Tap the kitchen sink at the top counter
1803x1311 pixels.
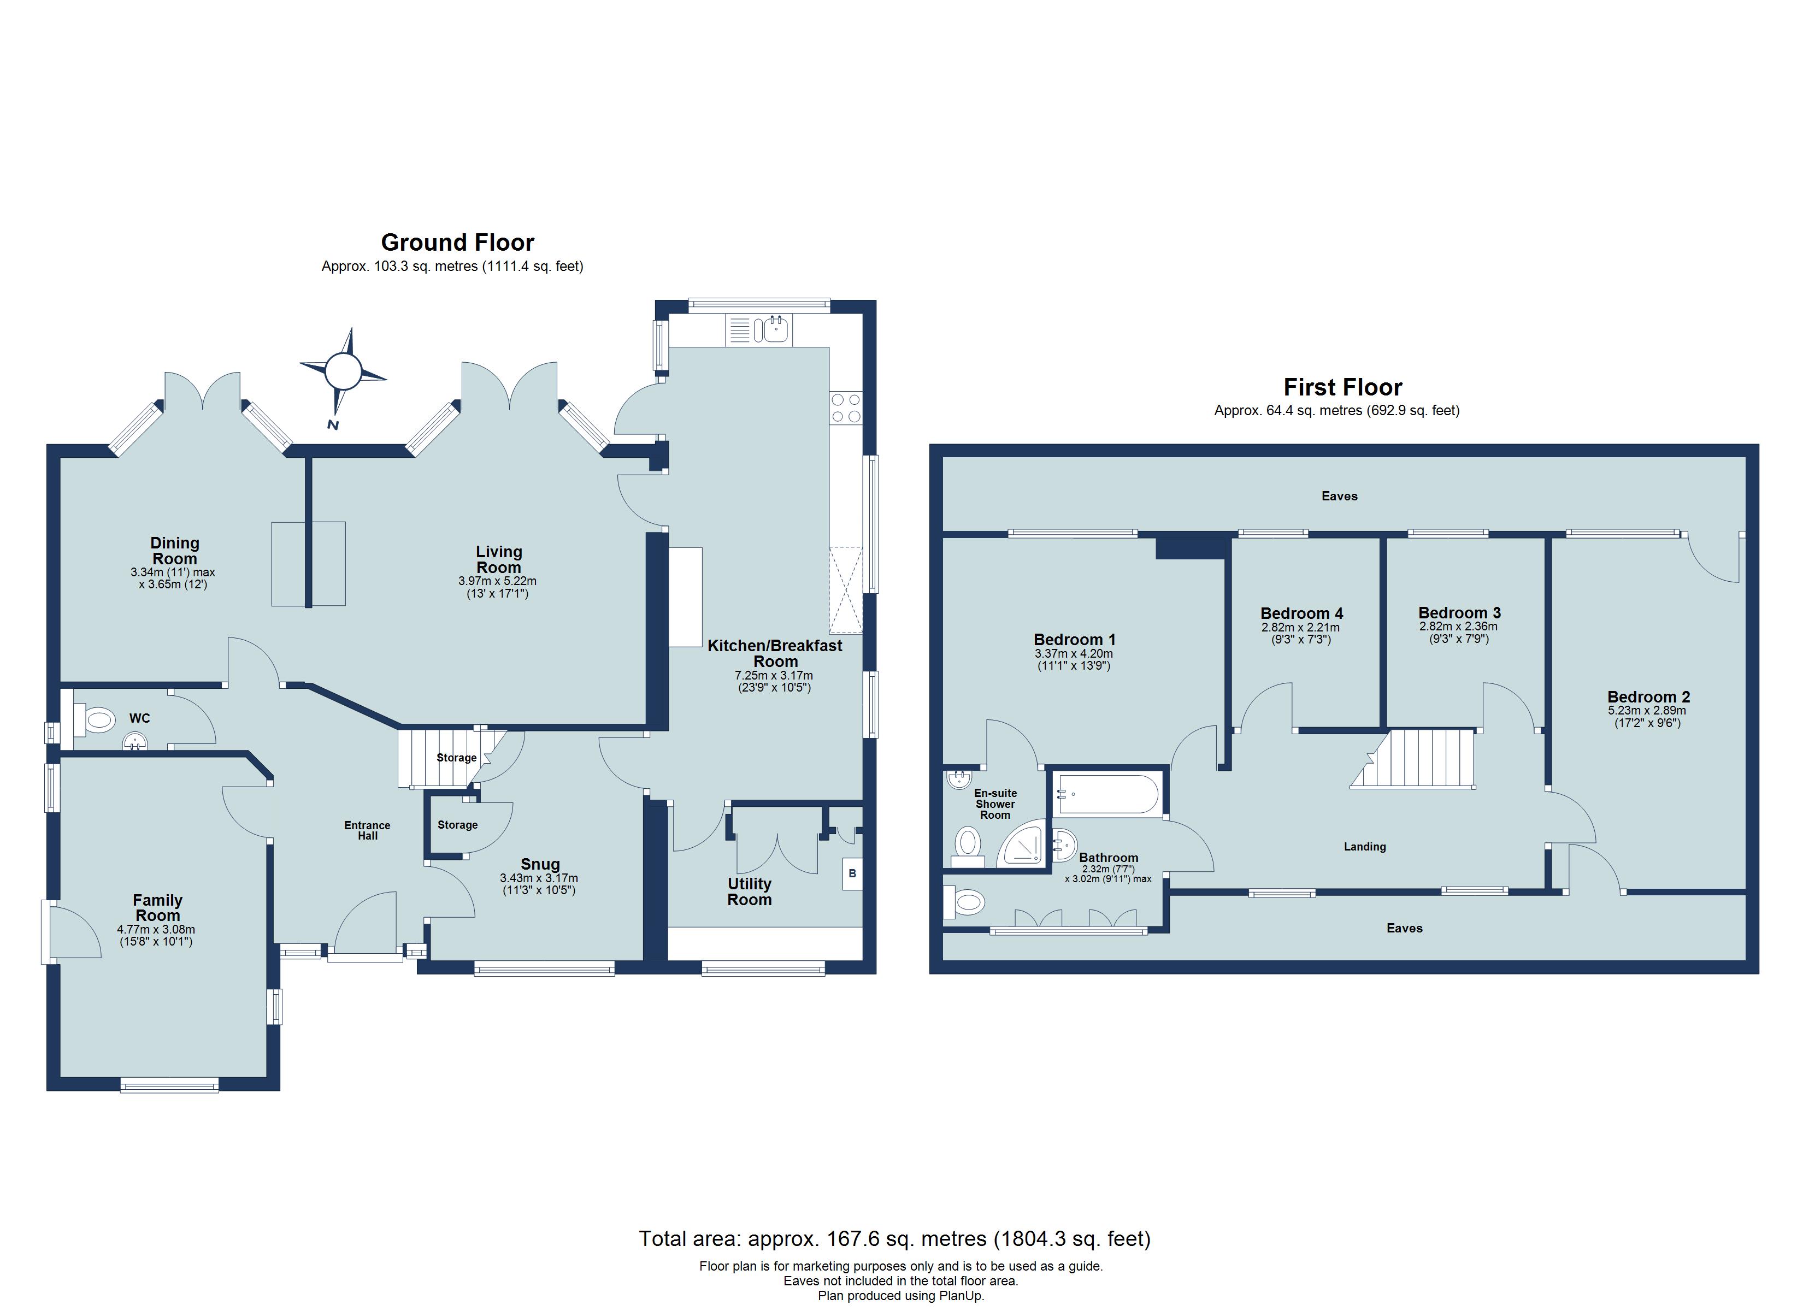tap(770, 329)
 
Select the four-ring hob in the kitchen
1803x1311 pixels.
tap(845, 409)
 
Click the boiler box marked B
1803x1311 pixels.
tap(852, 874)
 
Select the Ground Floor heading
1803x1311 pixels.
tap(457, 243)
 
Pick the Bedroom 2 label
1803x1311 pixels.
tap(1648, 696)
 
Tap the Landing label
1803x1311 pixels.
tap(1364, 847)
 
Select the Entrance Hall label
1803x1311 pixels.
tap(367, 830)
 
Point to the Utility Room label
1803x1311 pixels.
tap(749, 891)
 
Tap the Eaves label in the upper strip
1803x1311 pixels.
tap(1339, 496)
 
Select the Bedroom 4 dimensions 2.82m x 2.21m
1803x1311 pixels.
tap(1300, 627)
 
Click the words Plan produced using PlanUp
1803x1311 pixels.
tap(901, 1296)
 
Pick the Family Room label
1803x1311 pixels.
tap(157, 907)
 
